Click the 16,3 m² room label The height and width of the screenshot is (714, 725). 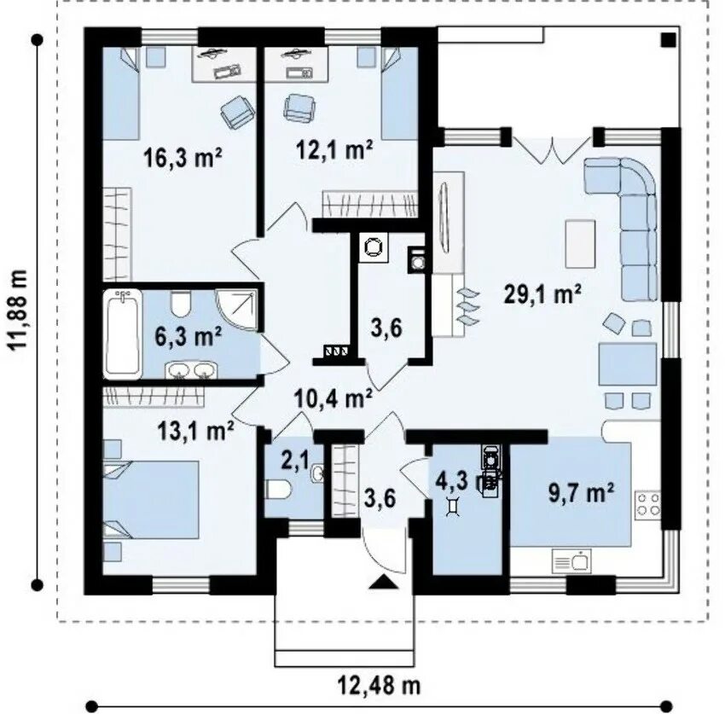click(183, 157)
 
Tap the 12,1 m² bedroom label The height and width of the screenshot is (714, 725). click(333, 149)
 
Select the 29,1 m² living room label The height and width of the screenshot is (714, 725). click(542, 294)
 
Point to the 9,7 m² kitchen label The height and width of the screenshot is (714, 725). click(581, 493)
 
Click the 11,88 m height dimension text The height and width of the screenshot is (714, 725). click(20, 311)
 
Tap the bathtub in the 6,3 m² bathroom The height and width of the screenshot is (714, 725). click(123, 334)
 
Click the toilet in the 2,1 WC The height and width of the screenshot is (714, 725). click(278, 490)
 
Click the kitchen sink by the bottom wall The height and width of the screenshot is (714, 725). click(571, 561)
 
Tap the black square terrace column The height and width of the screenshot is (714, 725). click(668, 40)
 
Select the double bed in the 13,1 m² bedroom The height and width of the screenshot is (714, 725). click(151, 500)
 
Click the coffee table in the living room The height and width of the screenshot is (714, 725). click(580, 244)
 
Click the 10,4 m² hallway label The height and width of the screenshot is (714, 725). click(333, 398)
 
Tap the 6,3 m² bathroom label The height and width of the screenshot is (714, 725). click(188, 336)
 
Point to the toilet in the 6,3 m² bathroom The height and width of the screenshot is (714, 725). click(180, 303)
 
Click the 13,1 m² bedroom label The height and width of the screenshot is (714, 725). click(195, 431)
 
